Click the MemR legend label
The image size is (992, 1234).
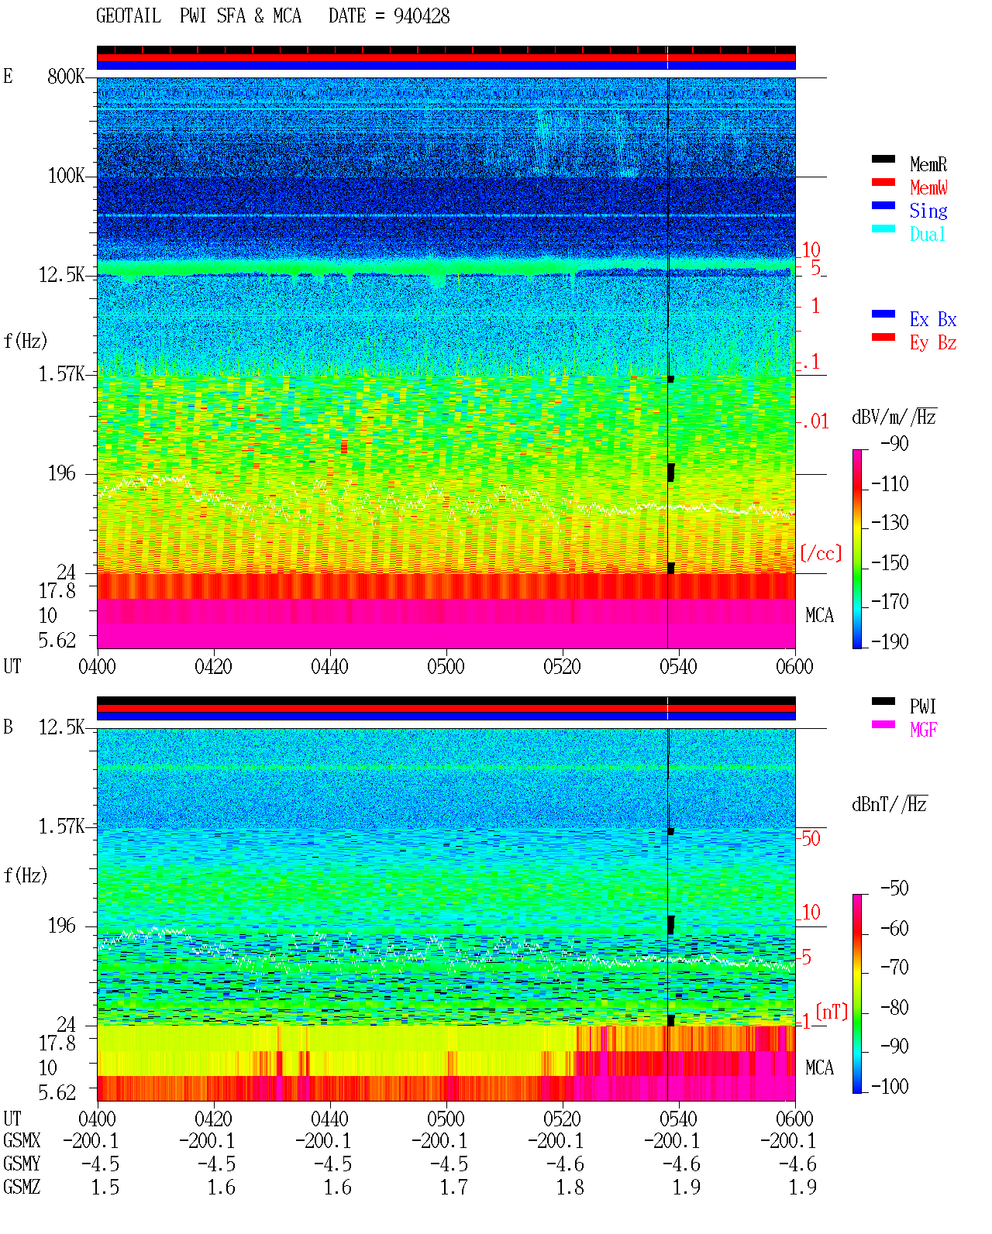click(x=928, y=164)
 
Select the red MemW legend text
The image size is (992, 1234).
click(x=928, y=187)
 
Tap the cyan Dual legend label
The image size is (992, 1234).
click(x=927, y=234)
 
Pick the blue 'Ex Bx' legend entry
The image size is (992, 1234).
click(x=932, y=319)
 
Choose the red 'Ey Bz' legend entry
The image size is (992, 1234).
click(x=932, y=343)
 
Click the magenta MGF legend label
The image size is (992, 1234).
click(x=923, y=730)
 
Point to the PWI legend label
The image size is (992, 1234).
click(x=922, y=706)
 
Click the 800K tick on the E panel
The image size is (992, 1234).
click(x=65, y=76)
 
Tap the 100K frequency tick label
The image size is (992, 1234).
click(x=65, y=176)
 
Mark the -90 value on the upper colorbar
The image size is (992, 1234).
click(x=894, y=444)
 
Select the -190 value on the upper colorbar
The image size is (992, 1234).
click(x=890, y=641)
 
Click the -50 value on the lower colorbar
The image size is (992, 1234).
click(x=894, y=889)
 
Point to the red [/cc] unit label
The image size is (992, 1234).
click(x=821, y=553)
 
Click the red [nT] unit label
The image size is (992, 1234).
click(x=832, y=1012)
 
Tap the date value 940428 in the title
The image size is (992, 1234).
click(x=422, y=16)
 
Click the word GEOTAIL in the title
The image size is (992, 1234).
click(x=129, y=16)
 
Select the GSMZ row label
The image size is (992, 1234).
click(x=22, y=1187)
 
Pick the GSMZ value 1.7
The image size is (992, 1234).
click(x=454, y=1187)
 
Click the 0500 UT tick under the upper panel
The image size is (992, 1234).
click(x=446, y=667)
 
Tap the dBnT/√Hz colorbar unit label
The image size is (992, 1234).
click(x=890, y=805)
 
